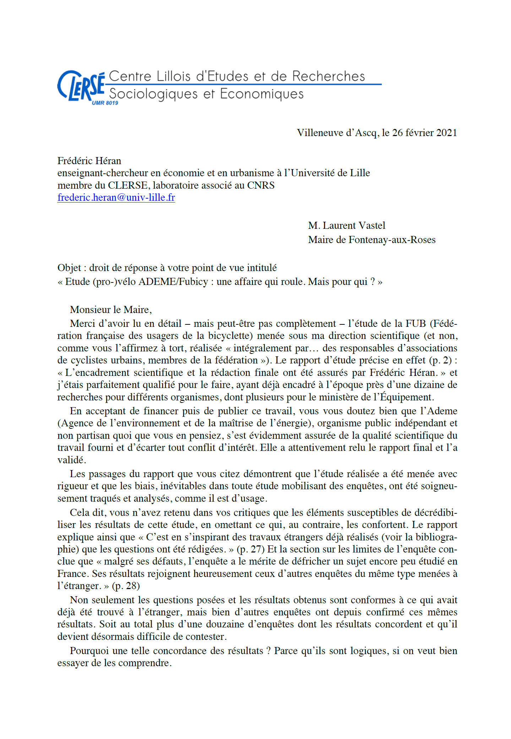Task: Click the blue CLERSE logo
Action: point(81,86)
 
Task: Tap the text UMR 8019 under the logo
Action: point(105,103)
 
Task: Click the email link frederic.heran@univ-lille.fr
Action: point(116,198)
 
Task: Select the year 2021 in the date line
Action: point(446,133)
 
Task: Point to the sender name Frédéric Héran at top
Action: point(89,161)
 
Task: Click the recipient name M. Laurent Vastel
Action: point(347,226)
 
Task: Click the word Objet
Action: point(69,268)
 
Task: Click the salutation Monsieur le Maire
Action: point(110,310)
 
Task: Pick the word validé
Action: point(71,460)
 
